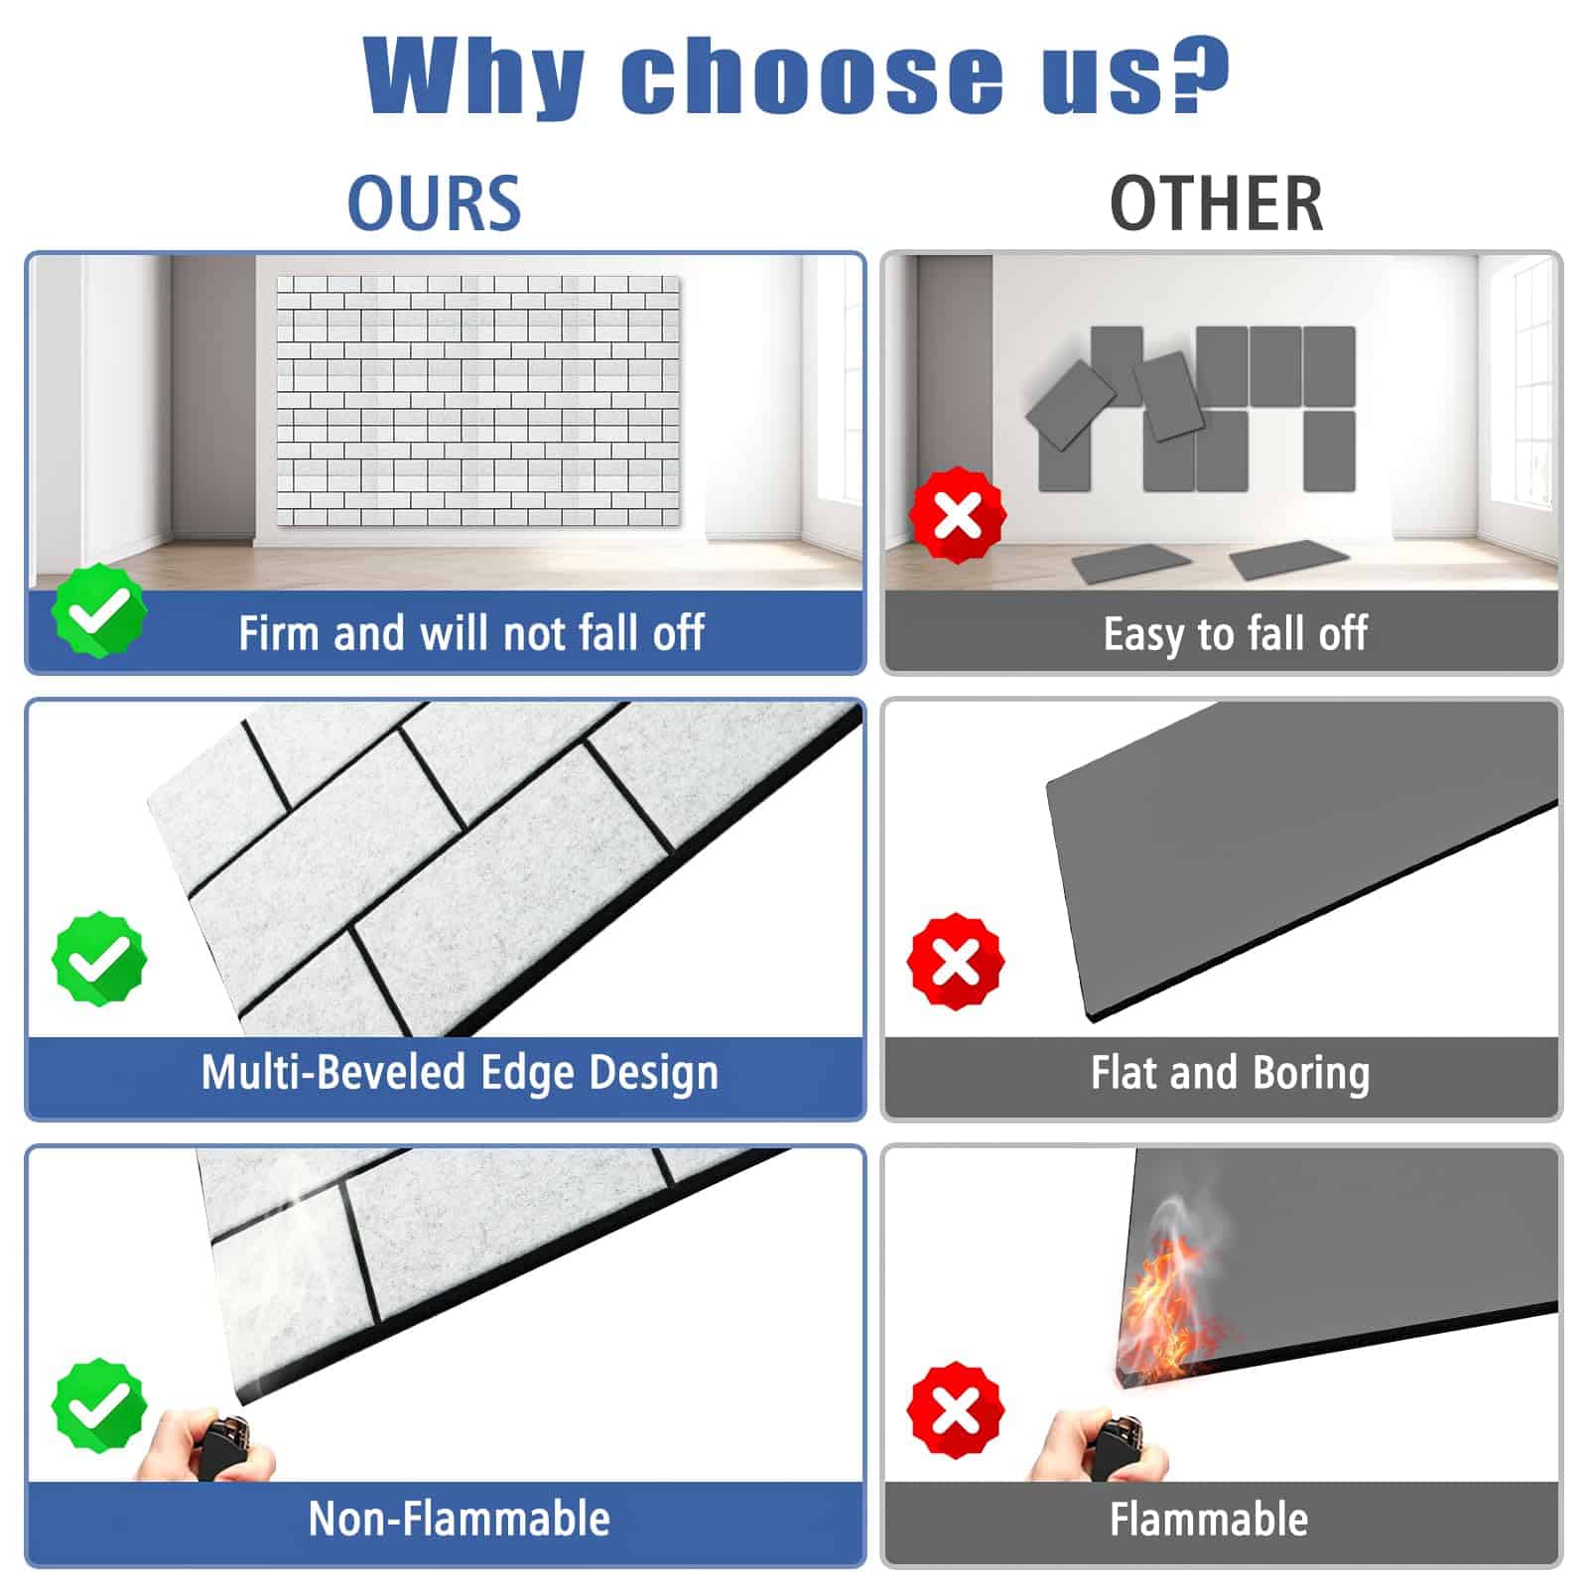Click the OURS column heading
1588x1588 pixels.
click(x=434, y=203)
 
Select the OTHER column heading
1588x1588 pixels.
click(x=1216, y=203)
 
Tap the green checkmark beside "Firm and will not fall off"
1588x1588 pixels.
click(x=99, y=610)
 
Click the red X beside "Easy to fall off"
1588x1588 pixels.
click(x=958, y=515)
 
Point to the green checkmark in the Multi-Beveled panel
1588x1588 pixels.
click(x=99, y=959)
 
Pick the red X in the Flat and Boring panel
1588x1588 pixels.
click(x=956, y=962)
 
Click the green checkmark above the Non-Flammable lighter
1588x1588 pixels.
click(x=99, y=1405)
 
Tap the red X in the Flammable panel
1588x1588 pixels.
click(x=956, y=1409)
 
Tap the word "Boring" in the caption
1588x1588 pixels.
click(x=1311, y=1074)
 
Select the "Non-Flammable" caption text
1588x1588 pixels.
click(x=460, y=1519)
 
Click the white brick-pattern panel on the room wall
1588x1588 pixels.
click(x=478, y=401)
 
